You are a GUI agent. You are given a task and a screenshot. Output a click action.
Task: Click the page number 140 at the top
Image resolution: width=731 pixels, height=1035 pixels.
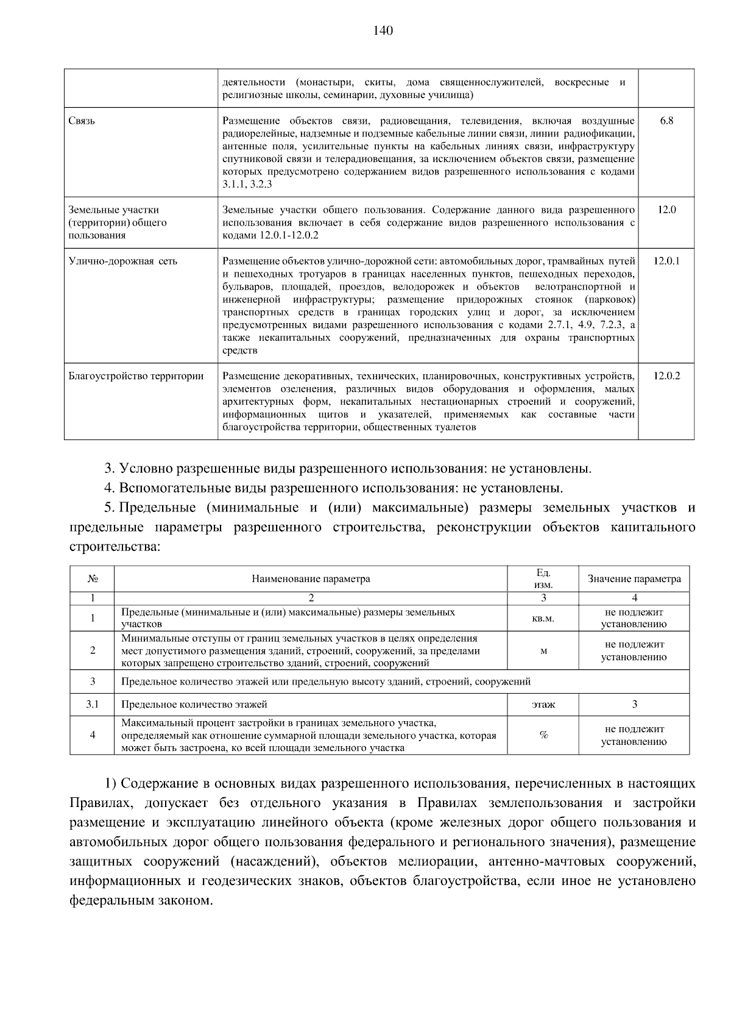[383, 31]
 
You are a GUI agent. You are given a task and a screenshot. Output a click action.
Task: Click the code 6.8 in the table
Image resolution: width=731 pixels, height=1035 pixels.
[666, 121]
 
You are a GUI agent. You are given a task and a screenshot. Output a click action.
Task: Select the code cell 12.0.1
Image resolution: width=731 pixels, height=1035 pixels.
[666, 261]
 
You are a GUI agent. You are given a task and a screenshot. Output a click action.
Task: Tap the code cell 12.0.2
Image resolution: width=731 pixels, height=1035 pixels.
[666, 376]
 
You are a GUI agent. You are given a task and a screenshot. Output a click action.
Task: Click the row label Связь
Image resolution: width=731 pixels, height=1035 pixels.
[82, 121]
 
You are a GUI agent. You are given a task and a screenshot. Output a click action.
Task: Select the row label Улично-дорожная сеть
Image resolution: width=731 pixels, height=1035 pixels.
[123, 261]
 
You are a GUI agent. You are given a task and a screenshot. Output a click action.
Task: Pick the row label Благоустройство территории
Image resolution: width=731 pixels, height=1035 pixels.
[136, 376]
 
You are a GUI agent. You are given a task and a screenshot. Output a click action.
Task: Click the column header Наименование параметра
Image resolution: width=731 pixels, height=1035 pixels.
[311, 579]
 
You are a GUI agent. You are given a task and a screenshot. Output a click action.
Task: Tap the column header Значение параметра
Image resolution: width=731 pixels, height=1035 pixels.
[634, 579]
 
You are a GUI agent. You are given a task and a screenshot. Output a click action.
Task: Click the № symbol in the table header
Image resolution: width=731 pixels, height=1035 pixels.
[93, 579]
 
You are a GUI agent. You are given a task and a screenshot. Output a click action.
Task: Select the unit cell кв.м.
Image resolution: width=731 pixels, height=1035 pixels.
[543, 618]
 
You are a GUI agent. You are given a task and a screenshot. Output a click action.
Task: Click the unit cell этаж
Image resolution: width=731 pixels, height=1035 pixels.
[543, 705]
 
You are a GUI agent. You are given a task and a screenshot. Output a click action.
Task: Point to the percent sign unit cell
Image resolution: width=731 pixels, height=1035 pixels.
[543, 735]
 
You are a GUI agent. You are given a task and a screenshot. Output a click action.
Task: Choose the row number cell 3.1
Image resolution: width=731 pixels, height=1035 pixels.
[93, 705]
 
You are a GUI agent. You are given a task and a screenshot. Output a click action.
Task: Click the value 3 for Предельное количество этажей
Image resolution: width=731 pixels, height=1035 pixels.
[634, 705]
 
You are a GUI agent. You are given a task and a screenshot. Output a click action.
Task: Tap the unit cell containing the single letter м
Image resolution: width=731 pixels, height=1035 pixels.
[543, 651]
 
